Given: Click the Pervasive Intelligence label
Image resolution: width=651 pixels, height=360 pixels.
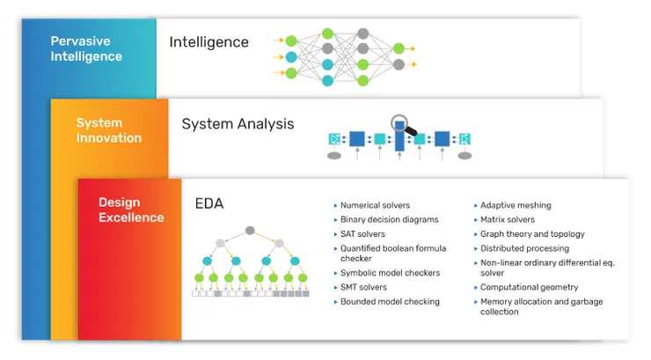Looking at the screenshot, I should [86, 49].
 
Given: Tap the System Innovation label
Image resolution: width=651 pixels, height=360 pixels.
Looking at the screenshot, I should [109, 130].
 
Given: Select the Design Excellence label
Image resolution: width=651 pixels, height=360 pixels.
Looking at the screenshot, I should [131, 210].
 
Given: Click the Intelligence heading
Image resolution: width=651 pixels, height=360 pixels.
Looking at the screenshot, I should [208, 42].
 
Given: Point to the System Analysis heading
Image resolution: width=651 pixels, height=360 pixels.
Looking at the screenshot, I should [238, 124].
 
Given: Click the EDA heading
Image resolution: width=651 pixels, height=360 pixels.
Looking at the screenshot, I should [209, 204].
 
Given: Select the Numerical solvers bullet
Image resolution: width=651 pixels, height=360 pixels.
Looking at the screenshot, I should [375, 205].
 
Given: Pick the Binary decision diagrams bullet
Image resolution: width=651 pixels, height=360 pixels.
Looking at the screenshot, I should [389, 219].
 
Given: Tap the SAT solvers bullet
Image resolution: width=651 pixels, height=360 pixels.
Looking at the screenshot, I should [362, 233].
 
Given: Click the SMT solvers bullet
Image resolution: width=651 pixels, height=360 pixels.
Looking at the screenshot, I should [363, 287].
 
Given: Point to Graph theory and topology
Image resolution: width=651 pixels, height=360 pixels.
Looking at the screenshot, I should [532, 234].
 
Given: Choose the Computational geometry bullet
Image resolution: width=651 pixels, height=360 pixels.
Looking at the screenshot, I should [529, 287].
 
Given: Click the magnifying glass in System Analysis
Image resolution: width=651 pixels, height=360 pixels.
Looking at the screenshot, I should [401, 125].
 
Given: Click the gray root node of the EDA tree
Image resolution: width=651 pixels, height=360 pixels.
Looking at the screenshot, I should [250, 231].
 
